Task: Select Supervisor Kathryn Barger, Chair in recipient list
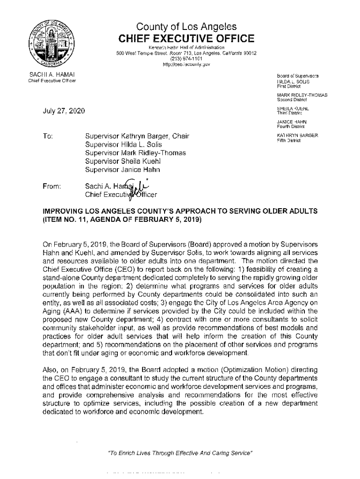(137, 136)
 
